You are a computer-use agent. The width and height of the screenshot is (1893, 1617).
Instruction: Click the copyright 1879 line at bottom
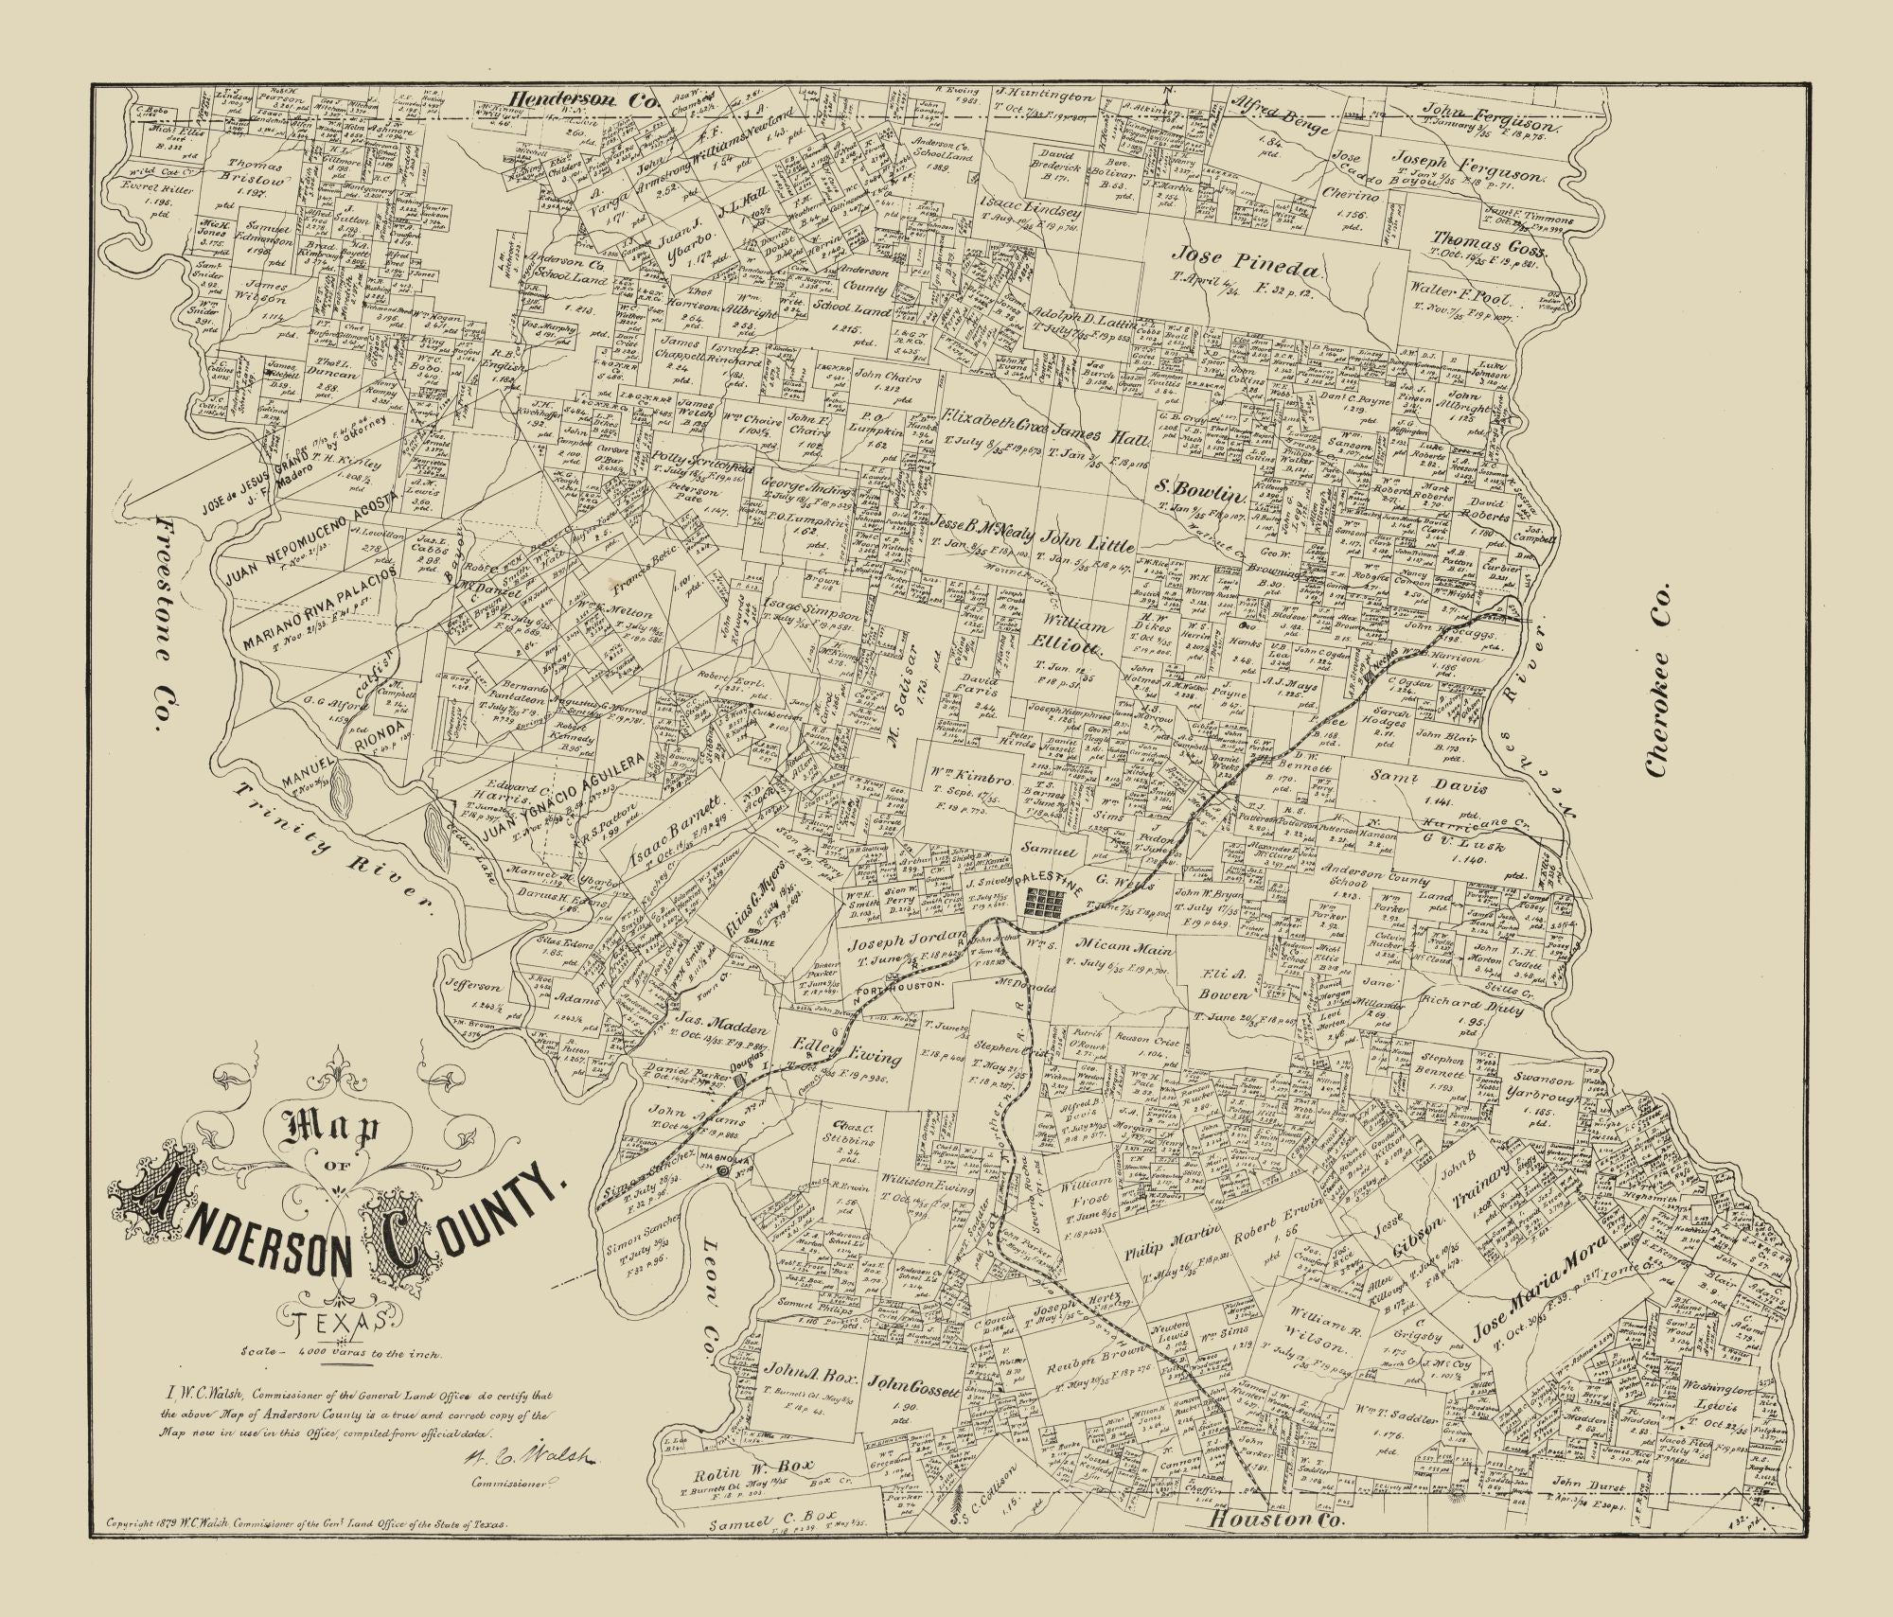point(309,1553)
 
